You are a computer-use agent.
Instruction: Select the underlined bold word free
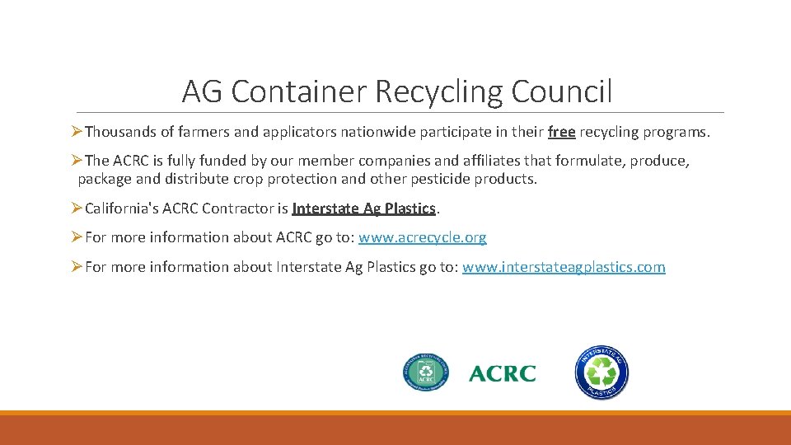pyautogui.click(x=561, y=132)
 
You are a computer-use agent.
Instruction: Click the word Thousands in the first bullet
pyautogui.click(x=120, y=132)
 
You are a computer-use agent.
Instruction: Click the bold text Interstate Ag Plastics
pyautogui.click(x=363, y=208)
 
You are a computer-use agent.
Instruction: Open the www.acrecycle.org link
pyautogui.click(x=422, y=237)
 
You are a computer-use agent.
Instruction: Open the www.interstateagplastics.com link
pyautogui.click(x=564, y=267)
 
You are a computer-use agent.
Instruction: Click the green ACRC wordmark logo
pyautogui.click(x=502, y=373)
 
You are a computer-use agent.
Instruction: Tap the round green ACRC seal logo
pyautogui.click(x=426, y=373)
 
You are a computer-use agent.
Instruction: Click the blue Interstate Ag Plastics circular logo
pyautogui.click(x=601, y=373)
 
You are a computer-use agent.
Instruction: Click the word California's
pyautogui.click(x=123, y=208)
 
